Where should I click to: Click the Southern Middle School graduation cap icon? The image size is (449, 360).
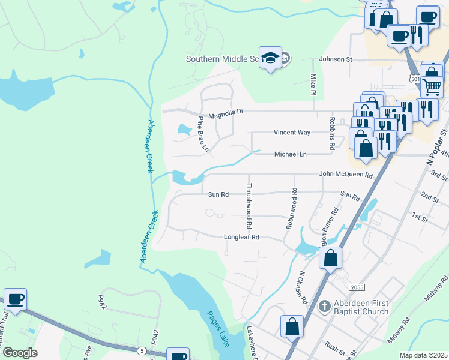(x=271, y=58)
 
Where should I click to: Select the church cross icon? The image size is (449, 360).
(x=324, y=307)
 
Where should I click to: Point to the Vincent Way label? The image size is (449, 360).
(x=292, y=133)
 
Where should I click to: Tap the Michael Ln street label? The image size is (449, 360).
(x=291, y=154)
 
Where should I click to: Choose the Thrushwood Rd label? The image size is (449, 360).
(x=249, y=205)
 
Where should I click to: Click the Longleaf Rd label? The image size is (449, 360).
(x=241, y=237)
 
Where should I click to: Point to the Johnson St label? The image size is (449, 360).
(x=336, y=59)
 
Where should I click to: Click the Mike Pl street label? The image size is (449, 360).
(x=313, y=85)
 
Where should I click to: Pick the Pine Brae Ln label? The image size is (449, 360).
(x=203, y=133)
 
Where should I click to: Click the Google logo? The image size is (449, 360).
(x=20, y=353)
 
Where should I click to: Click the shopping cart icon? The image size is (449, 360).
(x=432, y=88)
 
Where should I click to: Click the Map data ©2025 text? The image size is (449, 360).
(x=423, y=355)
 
